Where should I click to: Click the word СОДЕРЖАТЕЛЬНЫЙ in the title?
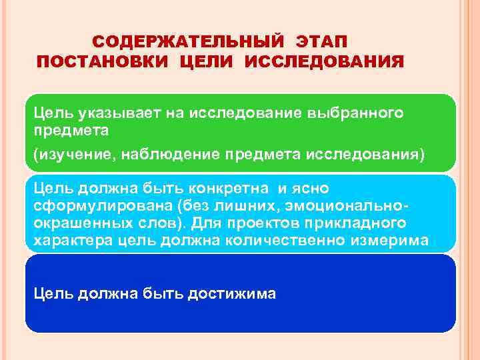pos(182,42)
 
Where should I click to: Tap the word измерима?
pos(390,239)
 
